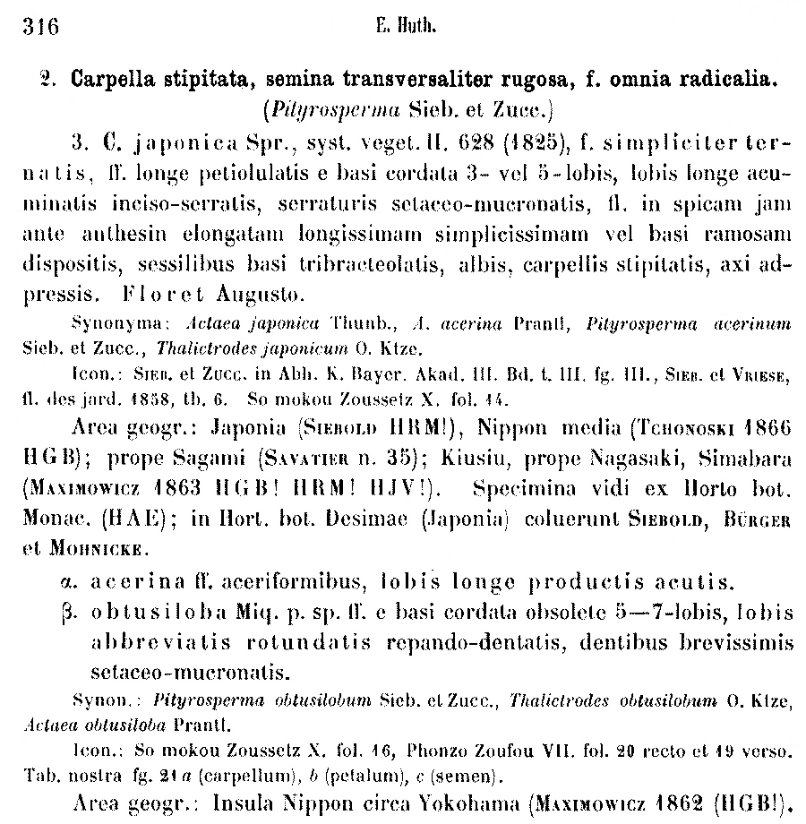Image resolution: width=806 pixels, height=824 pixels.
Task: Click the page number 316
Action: [x=40, y=27]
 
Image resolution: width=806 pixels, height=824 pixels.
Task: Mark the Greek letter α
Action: [x=78, y=582]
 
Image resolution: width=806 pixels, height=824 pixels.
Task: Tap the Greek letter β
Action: [x=78, y=614]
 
